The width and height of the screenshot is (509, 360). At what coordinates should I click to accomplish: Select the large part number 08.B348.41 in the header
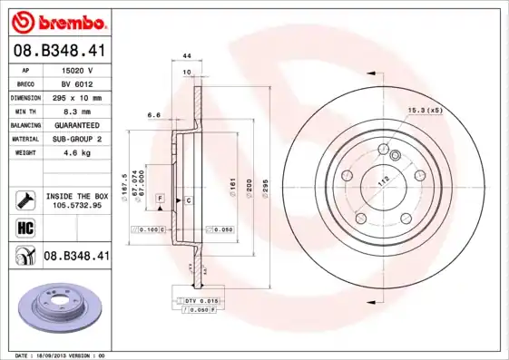tap(60, 50)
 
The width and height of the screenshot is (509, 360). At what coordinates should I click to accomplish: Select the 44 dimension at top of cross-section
tap(186, 56)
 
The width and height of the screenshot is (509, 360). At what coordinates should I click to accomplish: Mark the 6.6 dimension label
tap(153, 115)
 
